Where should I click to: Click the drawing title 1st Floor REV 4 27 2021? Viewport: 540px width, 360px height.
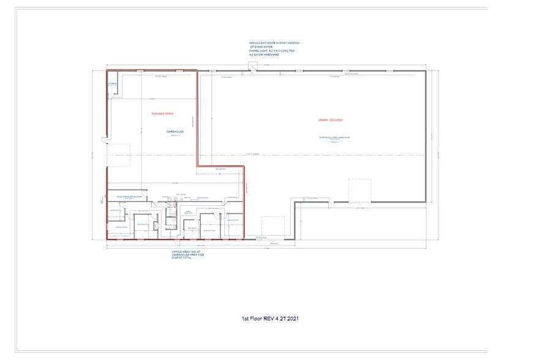269,318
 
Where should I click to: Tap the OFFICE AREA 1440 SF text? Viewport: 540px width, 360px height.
186,252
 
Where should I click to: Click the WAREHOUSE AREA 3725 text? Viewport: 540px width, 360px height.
187,255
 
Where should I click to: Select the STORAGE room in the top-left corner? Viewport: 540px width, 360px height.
113,83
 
